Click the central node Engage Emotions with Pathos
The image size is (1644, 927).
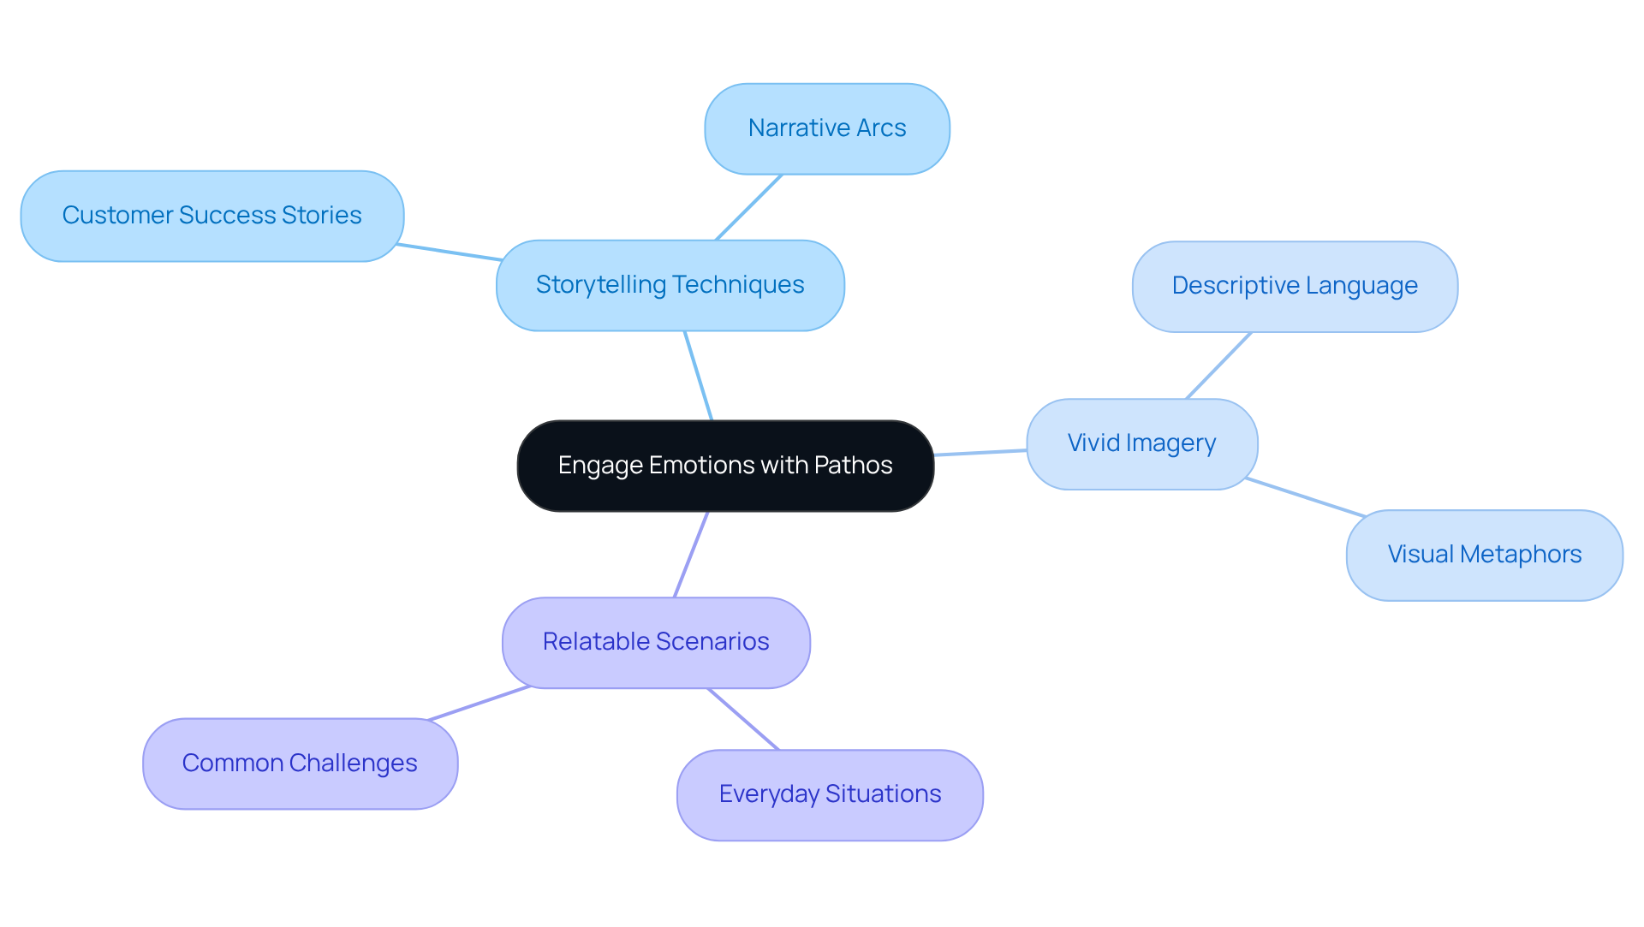pos(724,466)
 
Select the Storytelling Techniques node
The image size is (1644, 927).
pos(670,285)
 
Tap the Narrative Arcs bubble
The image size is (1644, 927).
pos(826,128)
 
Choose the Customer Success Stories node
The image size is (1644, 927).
pos(211,216)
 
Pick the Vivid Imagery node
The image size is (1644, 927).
pos(1141,443)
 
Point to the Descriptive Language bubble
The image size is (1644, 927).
pos(1294,286)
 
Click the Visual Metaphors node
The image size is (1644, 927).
pos(1484,555)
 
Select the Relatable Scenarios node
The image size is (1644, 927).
pos(656,642)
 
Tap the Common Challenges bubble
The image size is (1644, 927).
pos(300,764)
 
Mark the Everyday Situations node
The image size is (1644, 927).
pos(829,794)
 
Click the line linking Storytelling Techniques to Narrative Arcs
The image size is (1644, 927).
pos(748,208)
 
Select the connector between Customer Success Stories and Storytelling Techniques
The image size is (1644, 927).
pos(450,253)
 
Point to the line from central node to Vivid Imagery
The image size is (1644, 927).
pos(980,453)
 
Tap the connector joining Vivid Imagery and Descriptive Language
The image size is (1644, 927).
pos(1218,365)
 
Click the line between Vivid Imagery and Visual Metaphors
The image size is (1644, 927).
pos(1305,498)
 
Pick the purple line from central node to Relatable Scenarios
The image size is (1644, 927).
pos(691,555)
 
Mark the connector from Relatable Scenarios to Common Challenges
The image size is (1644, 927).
pos(479,704)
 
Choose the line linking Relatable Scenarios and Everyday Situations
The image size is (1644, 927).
pos(743,719)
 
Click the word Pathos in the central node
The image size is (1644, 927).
pos(853,466)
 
